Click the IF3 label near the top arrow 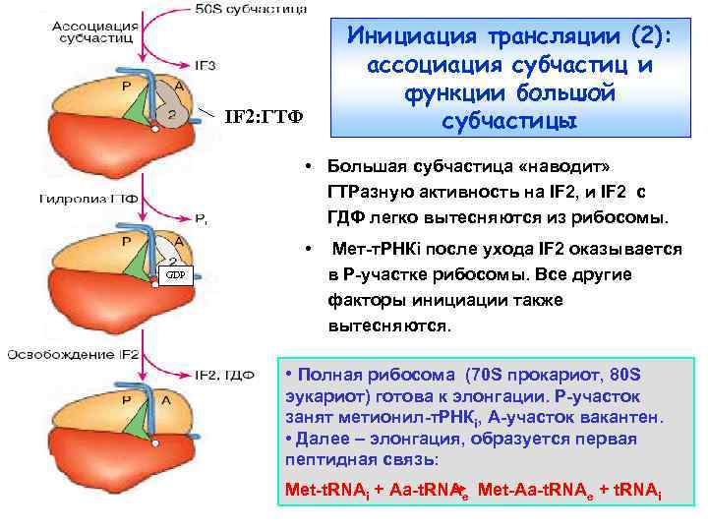pos(206,65)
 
